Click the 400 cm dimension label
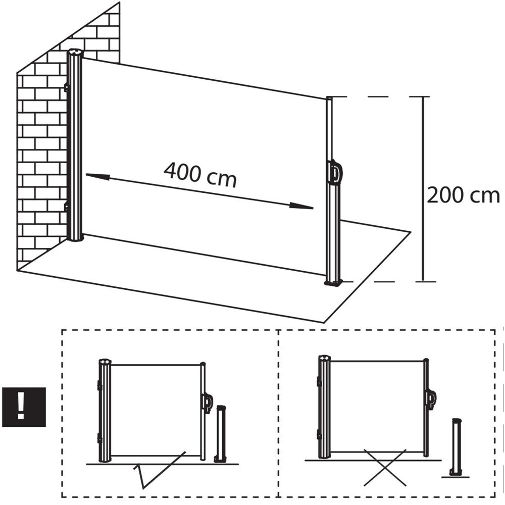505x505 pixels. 200,175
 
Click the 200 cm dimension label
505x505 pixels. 463,195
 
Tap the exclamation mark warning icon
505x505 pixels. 24,407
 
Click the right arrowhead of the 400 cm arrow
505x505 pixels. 301,206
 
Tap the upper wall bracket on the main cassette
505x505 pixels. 67,87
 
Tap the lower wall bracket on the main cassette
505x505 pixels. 67,207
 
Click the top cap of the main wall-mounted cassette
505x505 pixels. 75,53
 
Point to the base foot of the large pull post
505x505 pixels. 333,283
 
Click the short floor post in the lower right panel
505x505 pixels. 456,447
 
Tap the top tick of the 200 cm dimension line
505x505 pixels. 423,96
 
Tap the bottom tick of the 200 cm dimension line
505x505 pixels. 426,281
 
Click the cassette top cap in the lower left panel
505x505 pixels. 104,362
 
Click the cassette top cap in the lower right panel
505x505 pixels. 324,358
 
